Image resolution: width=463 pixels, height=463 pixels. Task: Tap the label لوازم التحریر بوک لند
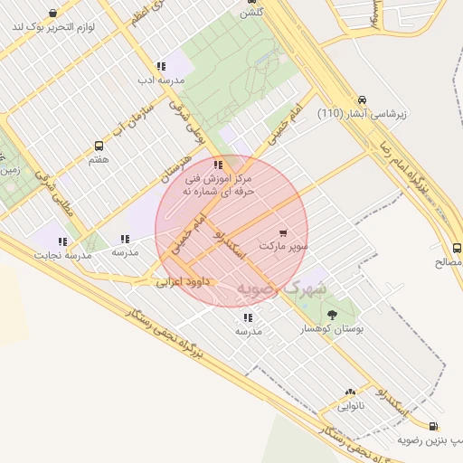(x=54, y=27)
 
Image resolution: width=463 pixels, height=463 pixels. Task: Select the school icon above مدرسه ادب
(x=160, y=66)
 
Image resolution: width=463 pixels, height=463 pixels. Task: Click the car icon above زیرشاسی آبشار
(x=362, y=99)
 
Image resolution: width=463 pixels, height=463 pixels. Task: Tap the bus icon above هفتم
(x=99, y=146)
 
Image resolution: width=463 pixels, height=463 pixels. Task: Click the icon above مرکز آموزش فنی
(x=218, y=165)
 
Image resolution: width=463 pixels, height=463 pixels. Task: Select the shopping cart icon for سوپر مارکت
(x=284, y=231)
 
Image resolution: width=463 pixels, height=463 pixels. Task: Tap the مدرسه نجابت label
(x=63, y=256)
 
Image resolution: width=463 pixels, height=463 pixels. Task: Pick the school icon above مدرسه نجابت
(x=62, y=241)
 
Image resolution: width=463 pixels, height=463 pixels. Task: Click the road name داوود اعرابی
(x=183, y=282)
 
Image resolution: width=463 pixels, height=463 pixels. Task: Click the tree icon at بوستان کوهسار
(x=332, y=315)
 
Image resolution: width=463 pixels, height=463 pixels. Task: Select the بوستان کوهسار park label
(x=332, y=330)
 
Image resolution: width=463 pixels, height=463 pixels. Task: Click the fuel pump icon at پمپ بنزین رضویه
(x=433, y=426)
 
